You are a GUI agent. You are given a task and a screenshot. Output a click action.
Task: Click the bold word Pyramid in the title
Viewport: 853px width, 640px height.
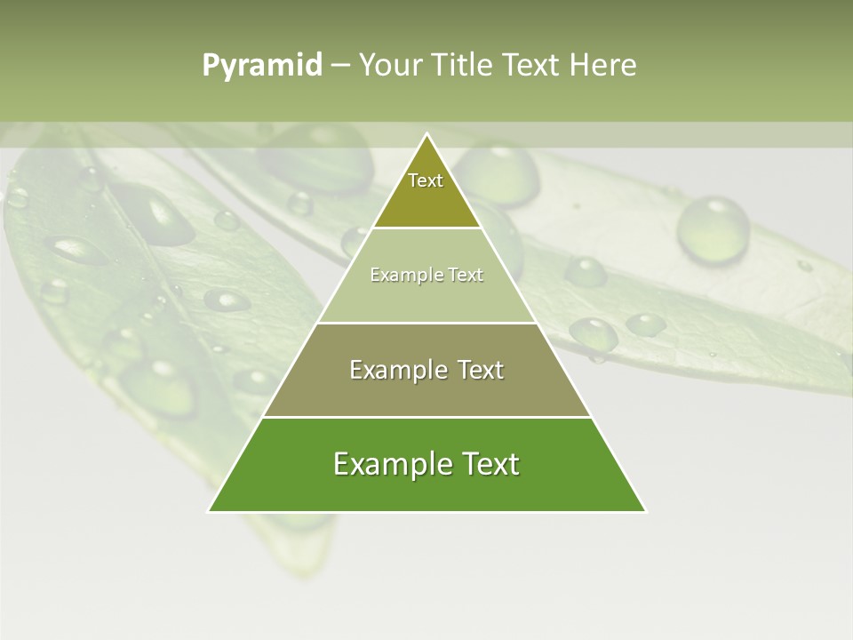(x=261, y=66)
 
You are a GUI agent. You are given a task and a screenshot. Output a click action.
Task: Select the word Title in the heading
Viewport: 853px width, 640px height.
(x=464, y=66)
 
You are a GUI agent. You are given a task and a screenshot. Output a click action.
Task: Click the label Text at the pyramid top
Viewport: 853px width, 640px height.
(x=426, y=180)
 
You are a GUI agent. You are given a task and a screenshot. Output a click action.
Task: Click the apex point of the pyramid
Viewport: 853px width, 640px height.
(x=426, y=135)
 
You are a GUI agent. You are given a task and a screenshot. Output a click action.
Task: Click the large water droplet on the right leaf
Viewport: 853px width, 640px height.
(x=713, y=229)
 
